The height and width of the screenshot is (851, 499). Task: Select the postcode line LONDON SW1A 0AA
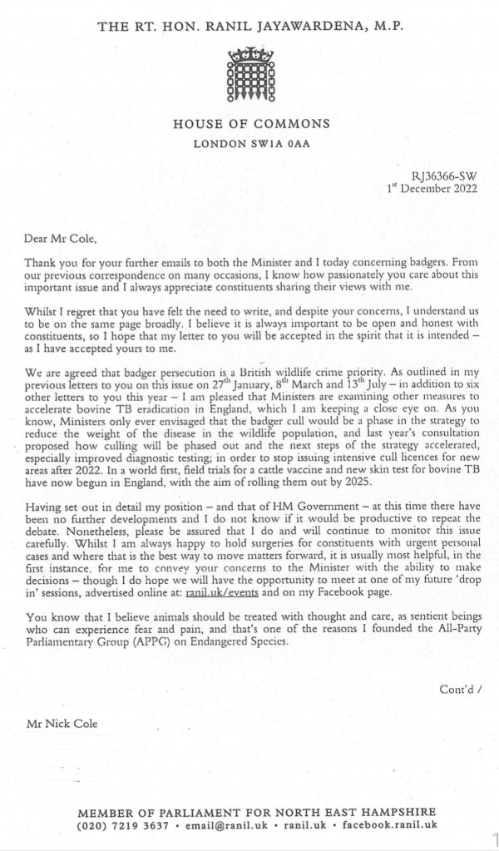click(250, 144)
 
